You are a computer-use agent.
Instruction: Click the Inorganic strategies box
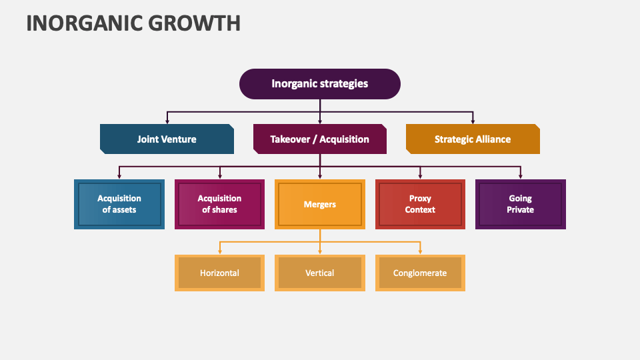(x=319, y=84)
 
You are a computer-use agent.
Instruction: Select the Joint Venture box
(x=167, y=139)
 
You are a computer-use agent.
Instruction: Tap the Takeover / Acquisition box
(x=319, y=139)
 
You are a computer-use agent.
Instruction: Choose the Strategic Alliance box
(x=473, y=139)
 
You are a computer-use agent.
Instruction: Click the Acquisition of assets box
(x=119, y=204)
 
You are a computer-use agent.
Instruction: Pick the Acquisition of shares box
(x=219, y=204)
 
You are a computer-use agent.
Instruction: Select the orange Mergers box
(x=319, y=204)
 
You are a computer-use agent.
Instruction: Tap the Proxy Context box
(x=420, y=204)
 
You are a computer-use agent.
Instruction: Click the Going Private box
(x=521, y=204)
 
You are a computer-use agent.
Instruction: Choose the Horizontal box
(x=219, y=273)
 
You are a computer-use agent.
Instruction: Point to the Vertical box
(x=319, y=273)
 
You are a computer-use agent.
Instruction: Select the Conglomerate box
(x=420, y=273)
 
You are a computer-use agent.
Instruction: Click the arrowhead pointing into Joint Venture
(x=167, y=121)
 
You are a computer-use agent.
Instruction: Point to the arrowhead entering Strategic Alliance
(x=473, y=121)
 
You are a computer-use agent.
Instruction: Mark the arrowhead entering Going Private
(x=521, y=177)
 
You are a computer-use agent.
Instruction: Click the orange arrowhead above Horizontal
(x=219, y=252)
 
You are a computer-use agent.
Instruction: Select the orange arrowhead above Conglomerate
(x=420, y=252)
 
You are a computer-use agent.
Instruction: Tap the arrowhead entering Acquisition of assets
(x=119, y=177)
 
